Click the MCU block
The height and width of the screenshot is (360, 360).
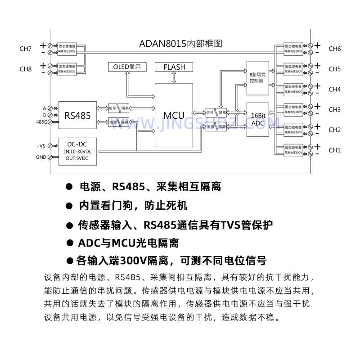pos(174,115)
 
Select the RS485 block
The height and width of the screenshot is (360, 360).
pos(77,115)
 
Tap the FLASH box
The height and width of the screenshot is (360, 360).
pos(174,67)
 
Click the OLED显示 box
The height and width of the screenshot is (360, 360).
pos(127,67)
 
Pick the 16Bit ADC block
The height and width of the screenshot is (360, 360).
pos(258,119)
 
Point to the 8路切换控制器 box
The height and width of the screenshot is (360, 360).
pos(258,77)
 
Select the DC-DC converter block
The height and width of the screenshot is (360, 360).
pos(77,151)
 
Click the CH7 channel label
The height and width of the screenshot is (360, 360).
pos(26,49)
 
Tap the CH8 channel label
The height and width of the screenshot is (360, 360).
pos(26,69)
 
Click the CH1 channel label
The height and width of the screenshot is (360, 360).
pos(334,150)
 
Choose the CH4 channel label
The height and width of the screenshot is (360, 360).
pos(334,89)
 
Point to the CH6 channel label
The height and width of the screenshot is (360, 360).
pos(334,49)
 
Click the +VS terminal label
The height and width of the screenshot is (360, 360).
pos(40,146)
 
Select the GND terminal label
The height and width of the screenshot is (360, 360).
pos(41,157)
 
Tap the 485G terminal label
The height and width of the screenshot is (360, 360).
pos(41,121)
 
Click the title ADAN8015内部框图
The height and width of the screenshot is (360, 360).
pos(181,44)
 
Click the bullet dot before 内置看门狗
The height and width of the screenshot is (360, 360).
pos(69,206)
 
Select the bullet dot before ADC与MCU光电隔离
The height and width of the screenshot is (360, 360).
pos(69,243)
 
